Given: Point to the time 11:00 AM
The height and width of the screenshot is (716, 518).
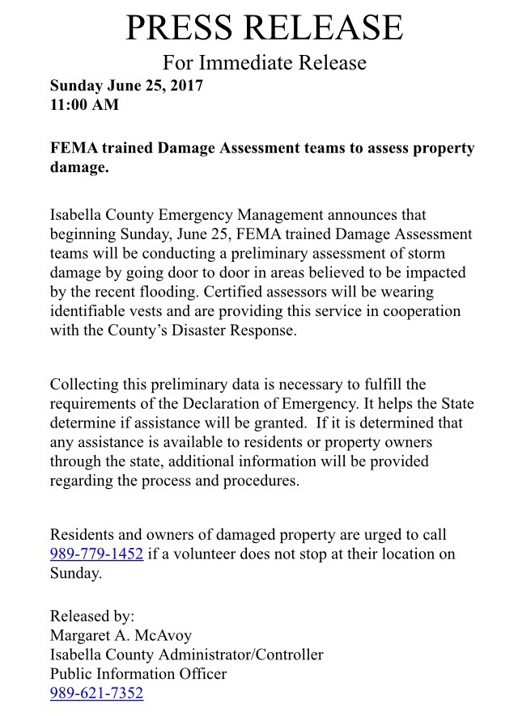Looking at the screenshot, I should [84, 104].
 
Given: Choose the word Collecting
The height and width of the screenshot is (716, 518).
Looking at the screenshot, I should [85, 384].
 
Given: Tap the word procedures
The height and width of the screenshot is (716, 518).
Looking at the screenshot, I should [263, 481].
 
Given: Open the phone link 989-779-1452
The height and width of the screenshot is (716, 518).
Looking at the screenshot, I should [96, 554].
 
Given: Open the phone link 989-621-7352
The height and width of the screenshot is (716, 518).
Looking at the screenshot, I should [96, 693].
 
